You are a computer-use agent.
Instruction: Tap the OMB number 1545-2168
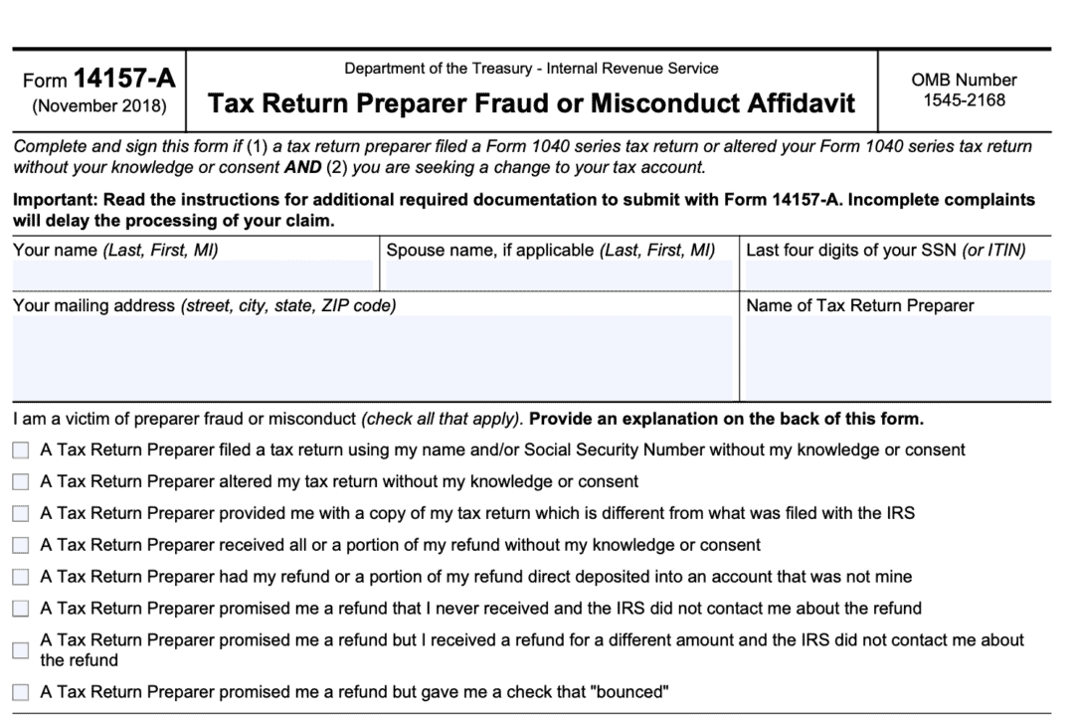pos(964,99)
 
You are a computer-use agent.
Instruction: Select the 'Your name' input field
pos(193,275)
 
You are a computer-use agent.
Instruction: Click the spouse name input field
pos(558,275)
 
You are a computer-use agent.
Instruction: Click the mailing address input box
pos(372,358)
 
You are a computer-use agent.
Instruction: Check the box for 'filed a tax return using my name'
pos(21,450)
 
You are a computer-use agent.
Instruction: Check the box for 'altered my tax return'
pos(21,482)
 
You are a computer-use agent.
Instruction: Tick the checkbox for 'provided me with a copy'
pos(21,514)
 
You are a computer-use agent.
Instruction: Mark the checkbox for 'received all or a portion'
pos(21,546)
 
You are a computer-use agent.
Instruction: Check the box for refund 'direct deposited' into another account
pos(21,577)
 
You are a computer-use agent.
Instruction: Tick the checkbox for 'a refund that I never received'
pos(21,609)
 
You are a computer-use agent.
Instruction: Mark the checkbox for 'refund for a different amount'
pos(21,650)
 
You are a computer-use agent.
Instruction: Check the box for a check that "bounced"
pos(21,692)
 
